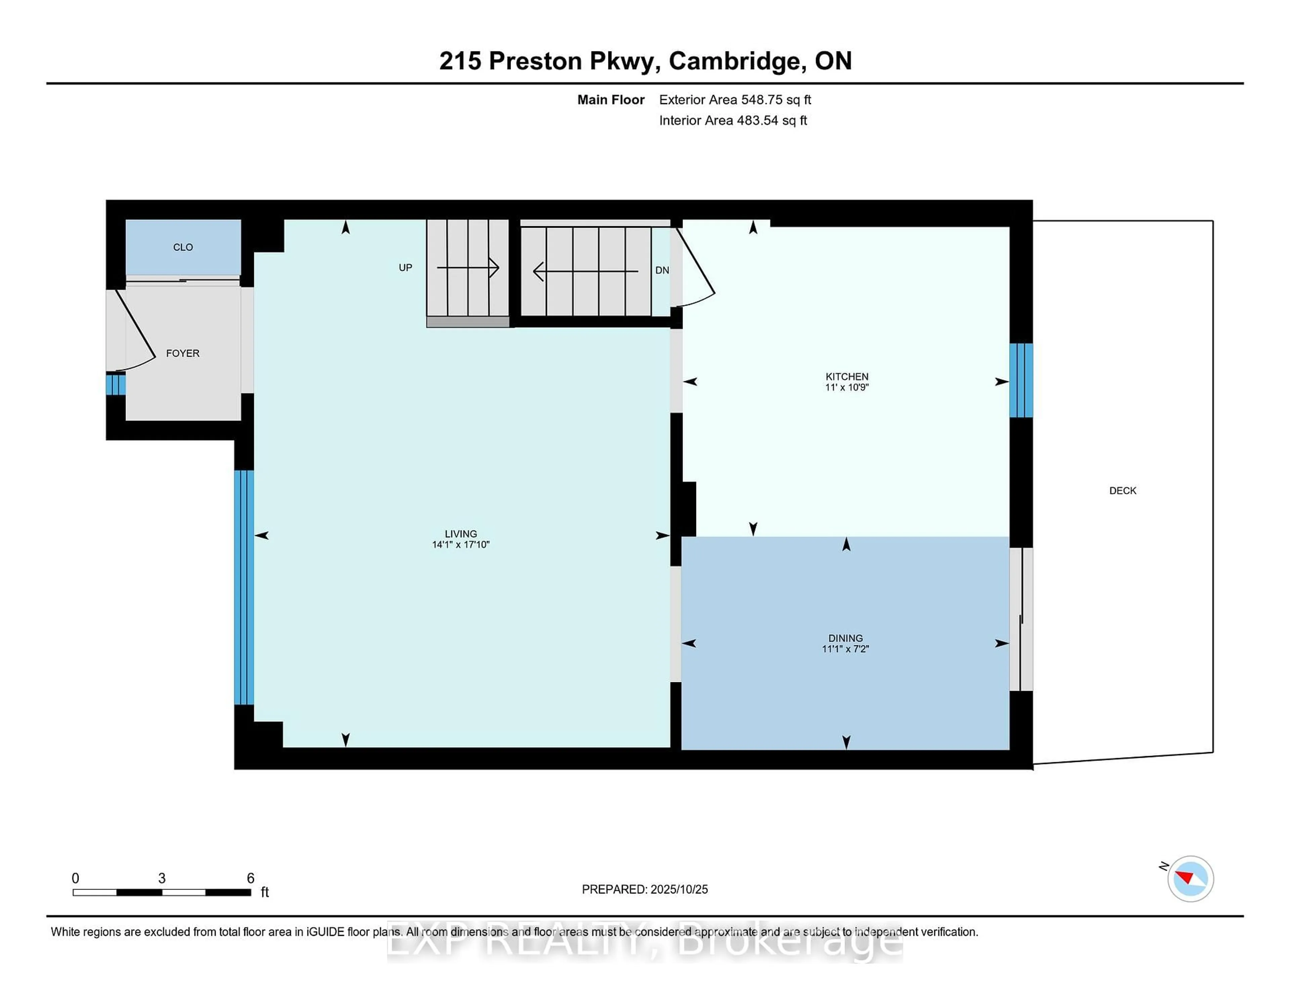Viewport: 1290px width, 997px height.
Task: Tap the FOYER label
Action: pos(182,353)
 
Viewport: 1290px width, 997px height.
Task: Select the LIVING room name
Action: pos(461,533)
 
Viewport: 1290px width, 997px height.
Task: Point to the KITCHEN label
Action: pos(847,376)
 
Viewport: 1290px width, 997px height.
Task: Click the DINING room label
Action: pos(845,638)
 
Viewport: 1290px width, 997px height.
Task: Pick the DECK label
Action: pos(1122,490)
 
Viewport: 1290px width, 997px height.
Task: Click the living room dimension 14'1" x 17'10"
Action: pos(461,545)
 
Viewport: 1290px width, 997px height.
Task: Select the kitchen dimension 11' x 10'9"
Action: pos(847,387)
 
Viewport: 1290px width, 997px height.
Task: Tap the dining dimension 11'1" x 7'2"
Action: pos(845,649)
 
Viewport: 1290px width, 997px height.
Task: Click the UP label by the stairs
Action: pos(405,268)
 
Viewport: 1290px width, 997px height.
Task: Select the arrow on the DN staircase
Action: pos(585,271)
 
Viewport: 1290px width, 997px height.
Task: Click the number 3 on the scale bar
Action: pos(162,878)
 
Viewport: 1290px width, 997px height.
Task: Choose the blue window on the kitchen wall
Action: pos(1021,380)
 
